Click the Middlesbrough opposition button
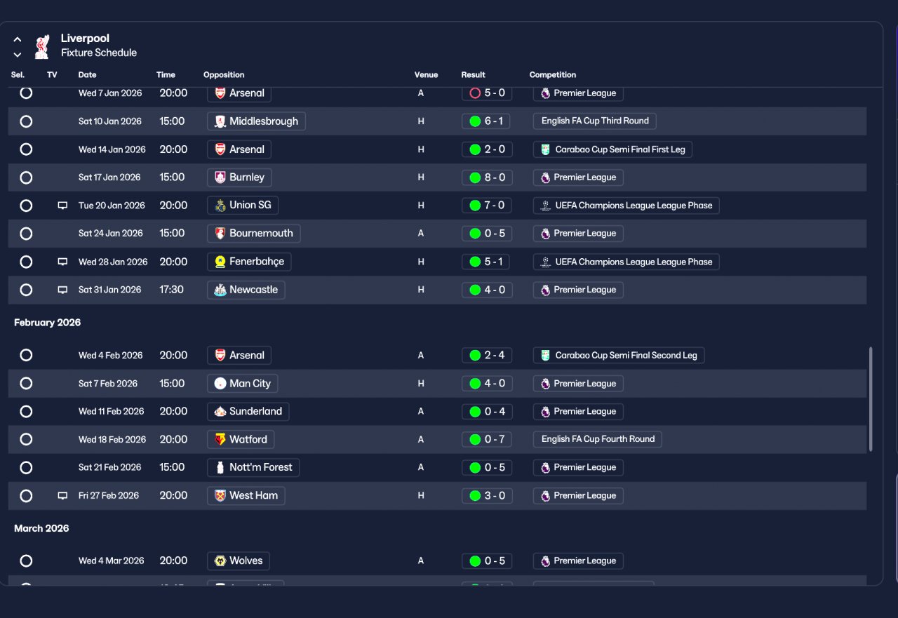pyautogui.click(x=256, y=121)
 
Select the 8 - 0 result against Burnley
pyautogui.click(x=487, y=177)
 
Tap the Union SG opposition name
pyautogui.click(x=243, y=206)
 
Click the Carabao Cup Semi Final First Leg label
pyautogui.click(x=612, y=149)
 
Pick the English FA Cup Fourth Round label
pyautogui.click(x=597, y=439)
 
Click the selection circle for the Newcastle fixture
pyautogui.click(x=26, y=290)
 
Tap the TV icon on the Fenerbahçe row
pyautogui.click(x=62, y=262)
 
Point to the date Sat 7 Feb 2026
pyautogui.click(x=108, y=384)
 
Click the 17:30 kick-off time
pyautogui.click(x=173, y=290)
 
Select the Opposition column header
pyautogui.click(x=224, y=75)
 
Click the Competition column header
pyautogui.click(x=553, y=75)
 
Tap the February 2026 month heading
pyautogui.click(x=47, y=323)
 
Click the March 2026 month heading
pyautogui.click(x=41, y=528)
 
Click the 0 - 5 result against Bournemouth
pyautogui.click(x=487, y=234)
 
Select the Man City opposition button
pyautogui.click(x=243, y=384)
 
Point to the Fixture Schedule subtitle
pyautogui.click(x=99, y=53)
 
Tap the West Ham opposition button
pyautogui.click(x=246, y=495)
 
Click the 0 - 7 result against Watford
pyautogui.click(x=487, y=439)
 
